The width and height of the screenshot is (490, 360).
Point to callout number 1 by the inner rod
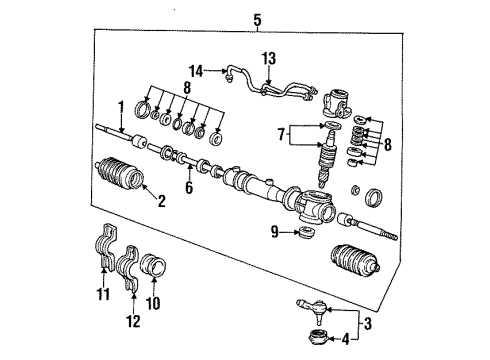click(x=121, y=105)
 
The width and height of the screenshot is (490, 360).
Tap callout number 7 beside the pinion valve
click(x=283, y=131)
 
